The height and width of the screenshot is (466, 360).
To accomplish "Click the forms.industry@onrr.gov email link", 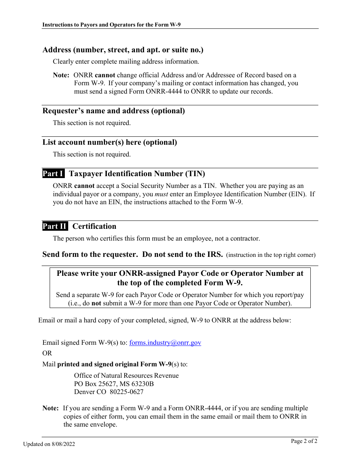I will (165, 342).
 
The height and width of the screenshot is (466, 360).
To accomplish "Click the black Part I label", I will (53, 174).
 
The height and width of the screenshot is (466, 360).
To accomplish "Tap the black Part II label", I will (55, 227).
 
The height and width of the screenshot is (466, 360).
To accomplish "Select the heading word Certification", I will (94, 227).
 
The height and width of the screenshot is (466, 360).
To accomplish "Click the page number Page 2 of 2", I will (304, 441).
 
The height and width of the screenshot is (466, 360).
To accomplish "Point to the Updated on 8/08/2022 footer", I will (49, 444).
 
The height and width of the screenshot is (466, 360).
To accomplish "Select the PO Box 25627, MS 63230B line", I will (114, 384).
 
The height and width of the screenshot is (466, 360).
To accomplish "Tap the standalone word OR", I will (47, 353).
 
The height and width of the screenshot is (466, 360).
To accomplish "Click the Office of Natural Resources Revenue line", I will (126, 375).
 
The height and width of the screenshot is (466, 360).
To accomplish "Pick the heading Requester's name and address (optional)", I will (114, 111).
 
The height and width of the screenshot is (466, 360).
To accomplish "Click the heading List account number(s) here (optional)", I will (110, 142).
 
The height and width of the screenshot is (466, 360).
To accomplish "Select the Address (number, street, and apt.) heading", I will (123, 50).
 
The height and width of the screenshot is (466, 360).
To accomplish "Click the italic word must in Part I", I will (161, 194).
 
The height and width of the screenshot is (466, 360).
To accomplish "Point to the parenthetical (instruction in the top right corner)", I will (271, 255).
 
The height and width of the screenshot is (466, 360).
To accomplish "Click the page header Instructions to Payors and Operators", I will (114, 25).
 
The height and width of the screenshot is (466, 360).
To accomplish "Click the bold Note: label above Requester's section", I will (61, 75).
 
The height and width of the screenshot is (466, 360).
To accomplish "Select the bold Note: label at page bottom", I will (50, 408).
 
